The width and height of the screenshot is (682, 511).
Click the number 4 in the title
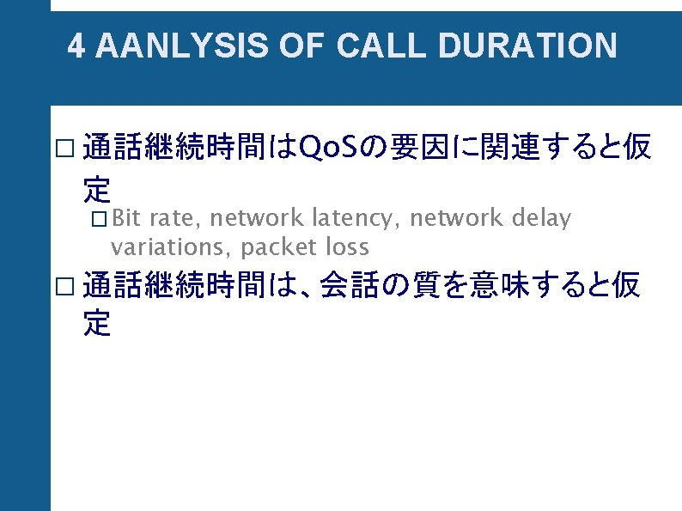(76, 46)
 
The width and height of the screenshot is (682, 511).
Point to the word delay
(541, 219)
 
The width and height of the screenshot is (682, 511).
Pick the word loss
(347, 248)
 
